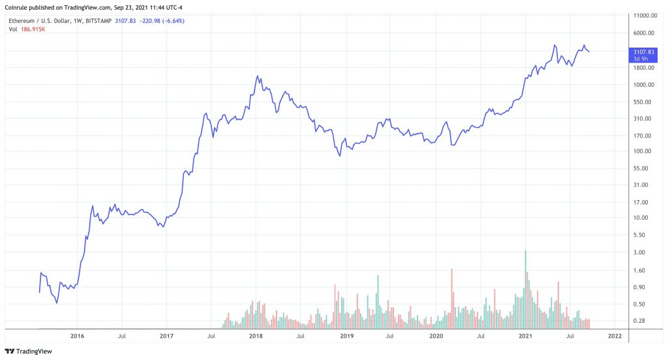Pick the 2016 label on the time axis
[x=77, y=337]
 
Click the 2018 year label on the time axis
[x=256, y=337]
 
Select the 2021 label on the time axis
[x=526, y=337]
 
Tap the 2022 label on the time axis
[x=615, y=337]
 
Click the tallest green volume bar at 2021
[x=525, y=289]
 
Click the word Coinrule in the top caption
[x=17, y=8]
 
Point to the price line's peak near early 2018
[x=258, y=76]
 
